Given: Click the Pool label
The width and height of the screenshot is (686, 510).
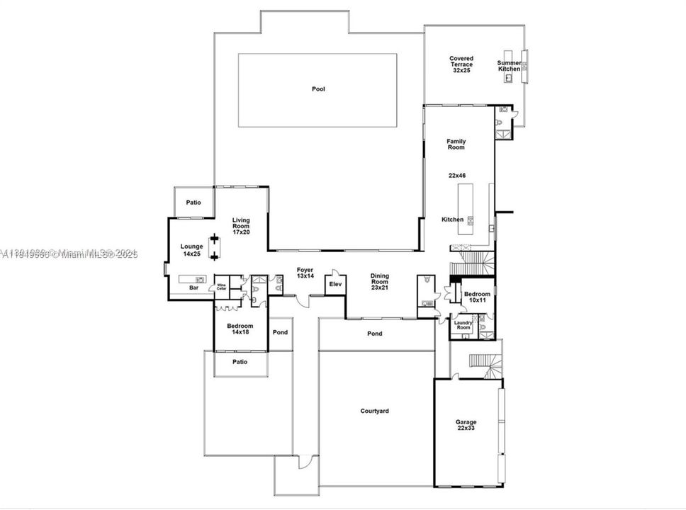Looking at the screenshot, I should tap(318, 89).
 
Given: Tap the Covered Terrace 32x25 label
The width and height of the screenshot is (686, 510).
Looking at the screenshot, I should tap(462, 64).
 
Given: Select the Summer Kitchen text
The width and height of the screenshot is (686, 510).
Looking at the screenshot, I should tap(509, 66).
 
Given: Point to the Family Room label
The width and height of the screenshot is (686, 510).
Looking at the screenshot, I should tap(456, 144).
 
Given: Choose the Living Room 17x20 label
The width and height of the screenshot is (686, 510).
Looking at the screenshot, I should tap(241, 226).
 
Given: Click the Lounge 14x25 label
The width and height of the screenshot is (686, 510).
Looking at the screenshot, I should tap(191, 249).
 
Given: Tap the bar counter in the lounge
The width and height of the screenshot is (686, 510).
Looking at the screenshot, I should tap(191, 279).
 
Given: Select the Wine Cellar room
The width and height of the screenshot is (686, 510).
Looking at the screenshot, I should tap(222, 287).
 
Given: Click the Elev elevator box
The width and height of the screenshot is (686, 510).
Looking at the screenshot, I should tap(335, 284).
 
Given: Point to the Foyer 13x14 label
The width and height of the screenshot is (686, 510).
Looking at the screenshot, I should tap(305, 272).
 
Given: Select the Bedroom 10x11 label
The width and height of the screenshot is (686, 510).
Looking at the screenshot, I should tap(476, 297).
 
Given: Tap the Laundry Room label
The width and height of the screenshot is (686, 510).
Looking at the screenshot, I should tap(463, 325).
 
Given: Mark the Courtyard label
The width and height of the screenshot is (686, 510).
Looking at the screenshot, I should tap(374, 410).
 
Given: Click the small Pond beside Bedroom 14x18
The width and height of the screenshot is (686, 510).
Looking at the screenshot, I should tap(280, 331).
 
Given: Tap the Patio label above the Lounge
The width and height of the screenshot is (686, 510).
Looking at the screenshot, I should tap(193, 203).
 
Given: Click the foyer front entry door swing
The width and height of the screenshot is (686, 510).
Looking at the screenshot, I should tap(303, 302).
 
